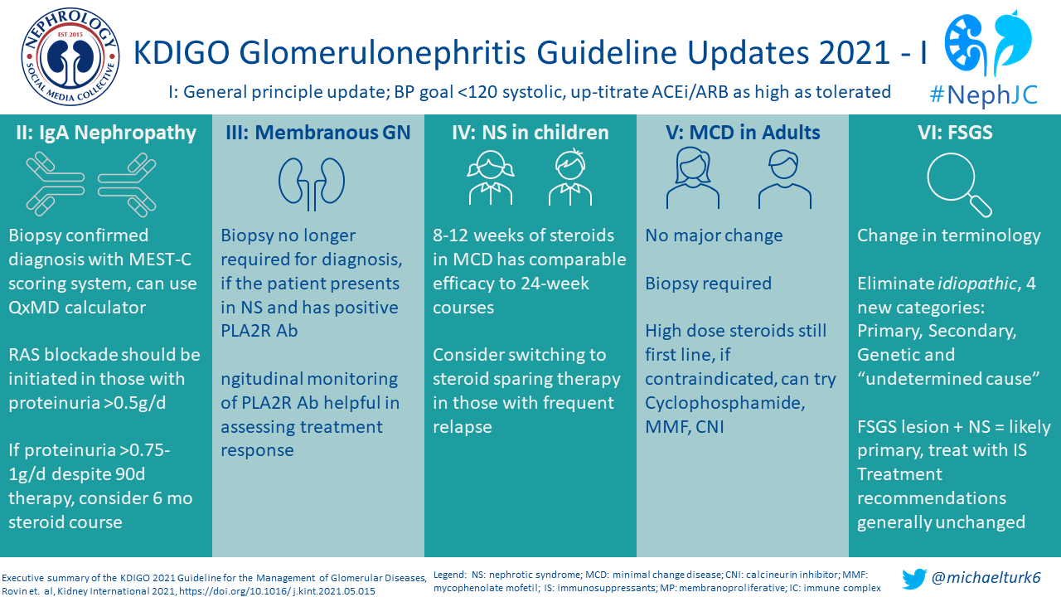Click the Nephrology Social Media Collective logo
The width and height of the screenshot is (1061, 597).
(x=70, y=56)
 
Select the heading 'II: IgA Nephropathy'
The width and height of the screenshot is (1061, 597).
(x=105, y=133)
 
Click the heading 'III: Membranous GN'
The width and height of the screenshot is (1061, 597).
(x=318, y=133)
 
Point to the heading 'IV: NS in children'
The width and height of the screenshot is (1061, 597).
(x=530, y=133)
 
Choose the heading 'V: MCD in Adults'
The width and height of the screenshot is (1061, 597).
(x=743, y=133)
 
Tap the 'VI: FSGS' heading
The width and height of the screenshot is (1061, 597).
(x=955, y=133)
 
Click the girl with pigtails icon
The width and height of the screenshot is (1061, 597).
(x=490, y=179)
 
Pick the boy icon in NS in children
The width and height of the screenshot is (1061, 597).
(x=570, y=179)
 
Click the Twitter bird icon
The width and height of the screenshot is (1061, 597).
(x=914, y=578)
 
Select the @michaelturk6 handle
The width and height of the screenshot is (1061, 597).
(x=986, y=578)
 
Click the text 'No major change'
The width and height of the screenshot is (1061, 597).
(x=714, y=235)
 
